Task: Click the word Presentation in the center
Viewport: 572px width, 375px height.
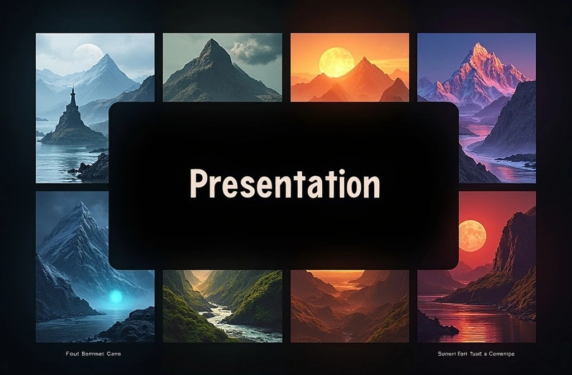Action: point(285,184)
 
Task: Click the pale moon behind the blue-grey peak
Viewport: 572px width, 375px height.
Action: point(88,55)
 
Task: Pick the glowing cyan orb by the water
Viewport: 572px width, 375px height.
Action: point(116,297)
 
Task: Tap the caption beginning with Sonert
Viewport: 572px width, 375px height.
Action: point(476,354)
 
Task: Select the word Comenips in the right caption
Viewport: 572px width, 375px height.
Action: point(500,354)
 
